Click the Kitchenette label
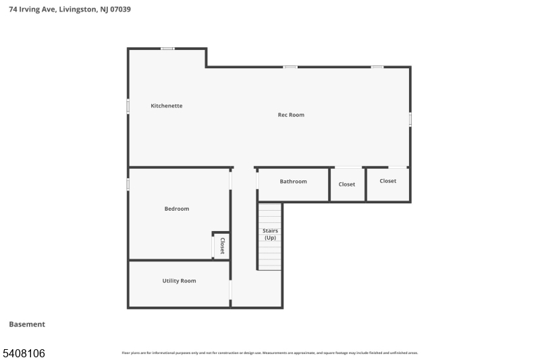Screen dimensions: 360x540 pos(166,106)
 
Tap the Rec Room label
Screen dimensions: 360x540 pos(291,115)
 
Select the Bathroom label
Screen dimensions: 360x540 pos(293,182)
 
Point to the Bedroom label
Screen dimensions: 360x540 pos(177,209)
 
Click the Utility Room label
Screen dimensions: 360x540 pos(179,281)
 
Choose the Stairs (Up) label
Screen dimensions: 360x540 pos(270,234)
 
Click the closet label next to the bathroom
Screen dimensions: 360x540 pos(347,184)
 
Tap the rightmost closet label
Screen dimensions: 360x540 pos(388,181)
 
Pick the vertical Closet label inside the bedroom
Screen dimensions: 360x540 pos(222,245)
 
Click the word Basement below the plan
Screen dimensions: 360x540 pos(27,324)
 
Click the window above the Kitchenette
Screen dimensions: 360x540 pos(167,49)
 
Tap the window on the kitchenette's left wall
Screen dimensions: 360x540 pos(128,106)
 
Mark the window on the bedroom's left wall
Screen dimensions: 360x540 pos(128,184)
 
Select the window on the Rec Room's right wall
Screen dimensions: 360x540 pos(410,119)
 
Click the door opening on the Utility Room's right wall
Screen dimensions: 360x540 pos(231,290)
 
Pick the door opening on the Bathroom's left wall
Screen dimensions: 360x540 pos(257,180)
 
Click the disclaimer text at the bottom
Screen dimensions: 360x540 pos(270,353)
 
